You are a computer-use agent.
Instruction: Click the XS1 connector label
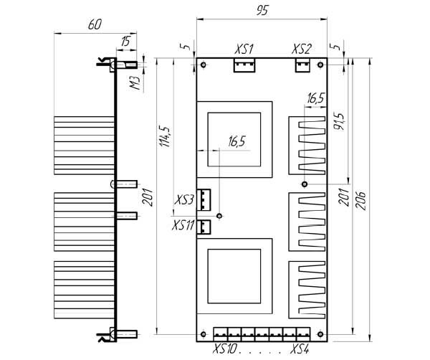click(244, 49)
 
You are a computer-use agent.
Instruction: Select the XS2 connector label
click(302, 49)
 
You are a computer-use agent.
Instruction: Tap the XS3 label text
click(184, 200)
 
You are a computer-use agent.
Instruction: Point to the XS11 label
click(183, 226)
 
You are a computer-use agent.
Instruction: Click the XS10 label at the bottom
click(224, 349)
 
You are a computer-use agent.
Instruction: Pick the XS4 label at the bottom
click(300, 349)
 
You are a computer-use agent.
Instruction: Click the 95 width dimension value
click(262, 11)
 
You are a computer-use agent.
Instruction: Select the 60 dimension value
click(95, 24)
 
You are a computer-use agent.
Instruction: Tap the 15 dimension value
click(125, 42)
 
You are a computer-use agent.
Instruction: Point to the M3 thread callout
click(135, 83)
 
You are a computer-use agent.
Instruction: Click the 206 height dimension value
click(361, 201)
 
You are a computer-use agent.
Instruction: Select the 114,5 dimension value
click(166, 136)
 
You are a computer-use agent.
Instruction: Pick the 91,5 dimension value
click(339, 121)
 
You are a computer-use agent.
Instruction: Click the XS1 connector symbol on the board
click(244, 65)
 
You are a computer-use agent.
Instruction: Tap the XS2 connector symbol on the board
click(302, 65)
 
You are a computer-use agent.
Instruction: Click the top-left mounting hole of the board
click(204, 65)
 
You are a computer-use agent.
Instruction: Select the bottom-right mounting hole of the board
click(320, 334)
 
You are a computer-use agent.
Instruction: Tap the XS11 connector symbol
click(204, 227)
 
